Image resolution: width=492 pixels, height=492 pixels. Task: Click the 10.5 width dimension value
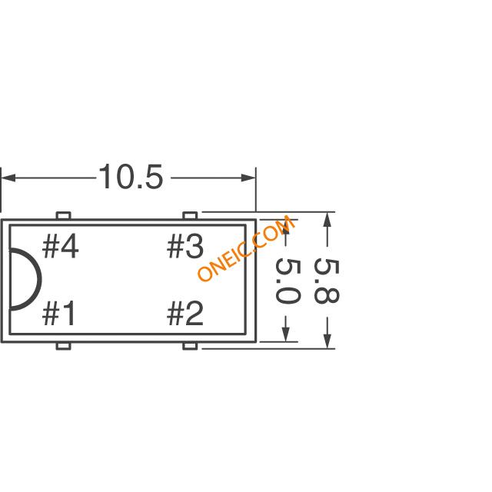point(131,177)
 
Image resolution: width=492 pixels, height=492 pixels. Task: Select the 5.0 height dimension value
point(288,282)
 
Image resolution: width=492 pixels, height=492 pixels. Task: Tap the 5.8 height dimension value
point(326,281)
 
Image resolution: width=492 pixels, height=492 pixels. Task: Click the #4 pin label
point(60,248)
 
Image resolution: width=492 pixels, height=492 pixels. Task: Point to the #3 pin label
point(184,248)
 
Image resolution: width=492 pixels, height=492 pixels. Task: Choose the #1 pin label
point(58,313)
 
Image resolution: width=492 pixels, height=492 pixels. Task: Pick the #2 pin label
point(184,313)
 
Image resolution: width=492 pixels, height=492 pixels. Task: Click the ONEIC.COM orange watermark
point(246,248)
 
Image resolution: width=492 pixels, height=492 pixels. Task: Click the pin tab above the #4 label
point(63,215)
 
